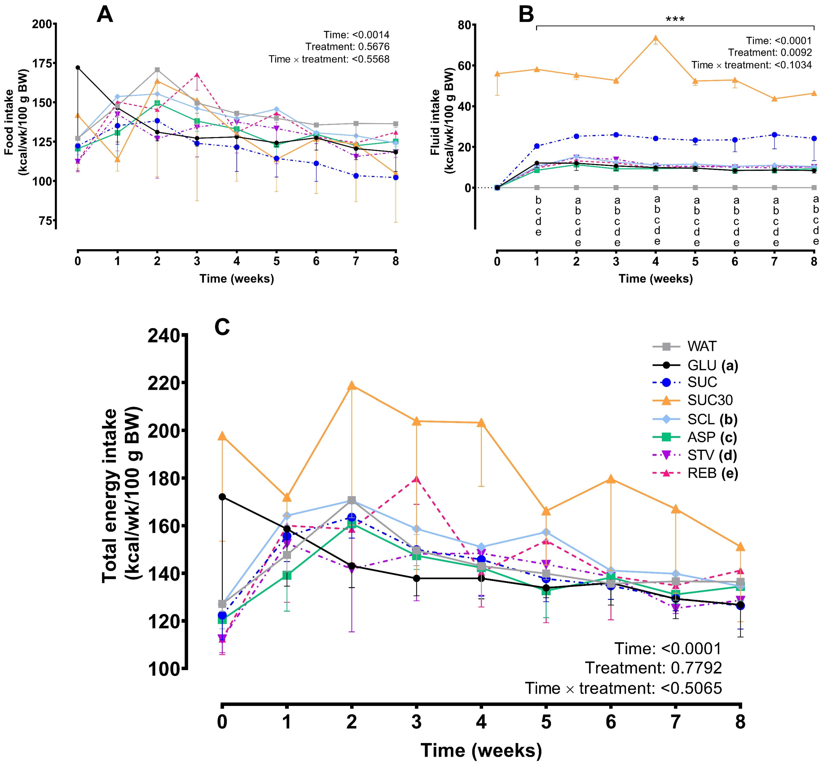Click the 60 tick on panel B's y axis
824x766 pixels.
point(465,66)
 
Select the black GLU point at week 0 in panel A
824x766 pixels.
point(78,67)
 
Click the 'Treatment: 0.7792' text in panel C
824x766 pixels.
point(653,668)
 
